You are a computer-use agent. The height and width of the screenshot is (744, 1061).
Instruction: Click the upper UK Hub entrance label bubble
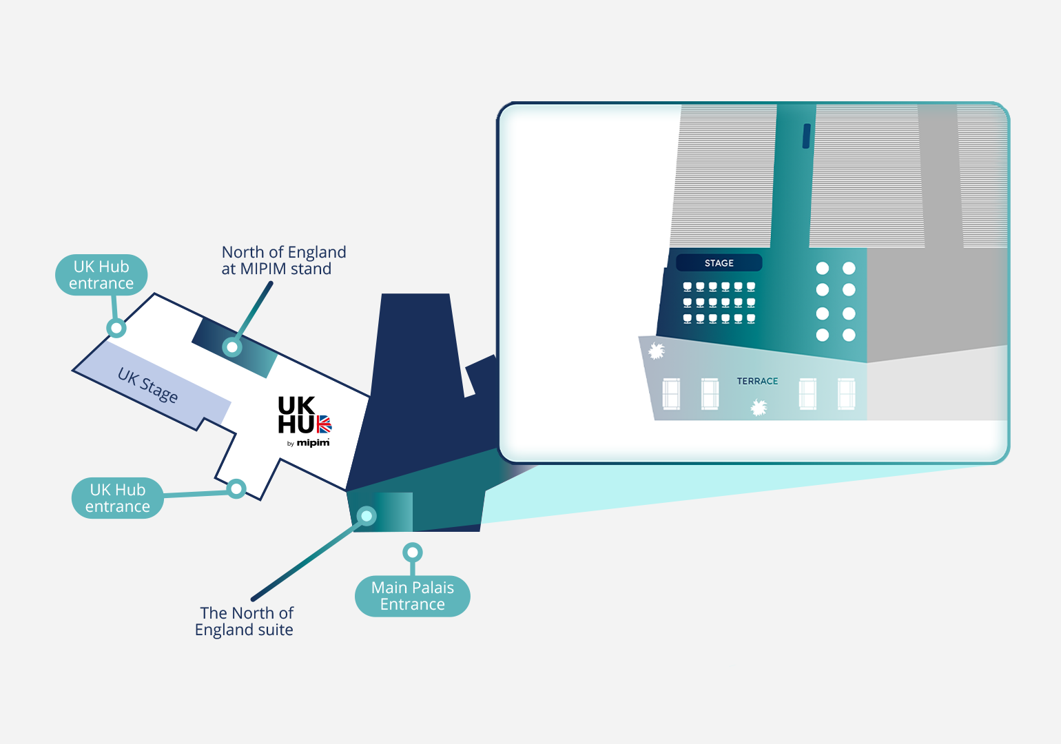click(101, 275)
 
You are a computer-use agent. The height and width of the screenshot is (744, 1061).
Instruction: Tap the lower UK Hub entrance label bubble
click(118, 498)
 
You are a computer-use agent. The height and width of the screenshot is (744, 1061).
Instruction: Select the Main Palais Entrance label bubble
click(412, 596)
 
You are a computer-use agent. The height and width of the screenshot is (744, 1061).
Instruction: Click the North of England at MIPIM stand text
click(283, 260)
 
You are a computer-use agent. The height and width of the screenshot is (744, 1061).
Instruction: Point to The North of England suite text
click(245, 621)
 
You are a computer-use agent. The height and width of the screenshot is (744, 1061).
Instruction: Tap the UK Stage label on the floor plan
click(147, 385)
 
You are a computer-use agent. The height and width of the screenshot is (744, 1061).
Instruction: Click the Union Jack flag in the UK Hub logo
click(324, 424)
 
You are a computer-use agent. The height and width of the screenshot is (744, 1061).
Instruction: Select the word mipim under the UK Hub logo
click(313, 443)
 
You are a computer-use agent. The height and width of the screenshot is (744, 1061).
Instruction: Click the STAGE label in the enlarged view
click(719, 263)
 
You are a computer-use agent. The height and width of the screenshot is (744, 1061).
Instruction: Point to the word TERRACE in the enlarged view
click(757, 381)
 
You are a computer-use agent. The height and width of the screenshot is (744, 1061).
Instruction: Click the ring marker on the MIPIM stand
click(232, 347)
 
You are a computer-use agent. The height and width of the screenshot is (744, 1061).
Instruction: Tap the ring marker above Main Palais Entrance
click(412, 552)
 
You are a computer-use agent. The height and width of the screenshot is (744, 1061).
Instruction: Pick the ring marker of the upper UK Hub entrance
click(116, 328)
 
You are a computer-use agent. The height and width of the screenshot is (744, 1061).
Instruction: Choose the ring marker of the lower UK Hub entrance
click(236, 489)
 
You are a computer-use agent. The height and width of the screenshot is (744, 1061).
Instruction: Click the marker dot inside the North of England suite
click(367, 515)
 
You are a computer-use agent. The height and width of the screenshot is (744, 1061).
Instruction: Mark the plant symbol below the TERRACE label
click(759, 409)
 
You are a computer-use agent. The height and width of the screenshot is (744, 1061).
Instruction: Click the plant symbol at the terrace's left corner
click(657, 351)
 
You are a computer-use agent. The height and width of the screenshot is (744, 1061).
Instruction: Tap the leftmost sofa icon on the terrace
click(671, 394)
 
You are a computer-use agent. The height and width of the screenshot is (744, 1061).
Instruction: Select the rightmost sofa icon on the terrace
click(846, 394)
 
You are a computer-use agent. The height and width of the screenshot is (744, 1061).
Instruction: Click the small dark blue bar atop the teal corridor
click(806, 136)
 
